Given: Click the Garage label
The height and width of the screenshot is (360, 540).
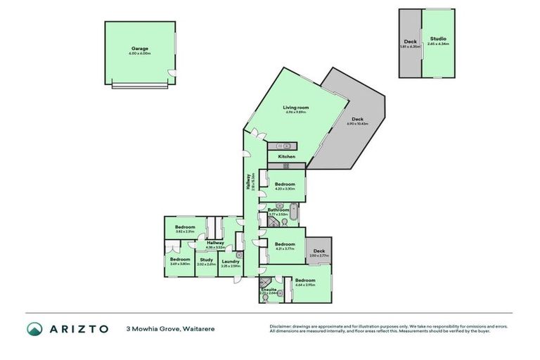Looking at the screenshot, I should click(x=139, y=49).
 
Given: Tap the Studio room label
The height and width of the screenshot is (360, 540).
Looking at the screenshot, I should click(x=438, y=39).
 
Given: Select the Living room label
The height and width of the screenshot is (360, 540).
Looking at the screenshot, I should click(x=296, y=108).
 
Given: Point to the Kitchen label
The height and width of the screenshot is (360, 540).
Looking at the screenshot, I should click(x=286, y=156).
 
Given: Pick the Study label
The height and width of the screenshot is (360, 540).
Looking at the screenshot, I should click(x=206, y=259).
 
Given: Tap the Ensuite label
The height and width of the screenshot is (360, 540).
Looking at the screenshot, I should click(x=269, y=289).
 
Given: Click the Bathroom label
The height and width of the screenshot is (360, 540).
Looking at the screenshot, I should click(x=278, y=210).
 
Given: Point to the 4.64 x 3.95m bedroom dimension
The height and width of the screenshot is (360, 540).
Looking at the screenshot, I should click(x=305, y=285).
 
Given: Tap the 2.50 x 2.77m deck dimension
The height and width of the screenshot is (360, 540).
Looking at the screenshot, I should click(x=319, y=256).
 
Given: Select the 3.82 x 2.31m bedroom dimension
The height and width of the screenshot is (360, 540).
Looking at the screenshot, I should click(x=185, y=231).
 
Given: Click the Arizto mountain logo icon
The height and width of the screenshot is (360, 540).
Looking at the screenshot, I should click(x=34, y=329).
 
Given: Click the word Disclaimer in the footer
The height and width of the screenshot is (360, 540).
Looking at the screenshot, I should click(x=282, y=326).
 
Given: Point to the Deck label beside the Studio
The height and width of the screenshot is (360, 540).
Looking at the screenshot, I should click(x=410, y=41).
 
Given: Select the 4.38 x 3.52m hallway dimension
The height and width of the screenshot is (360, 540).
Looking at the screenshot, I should click(x=215, y=247).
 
